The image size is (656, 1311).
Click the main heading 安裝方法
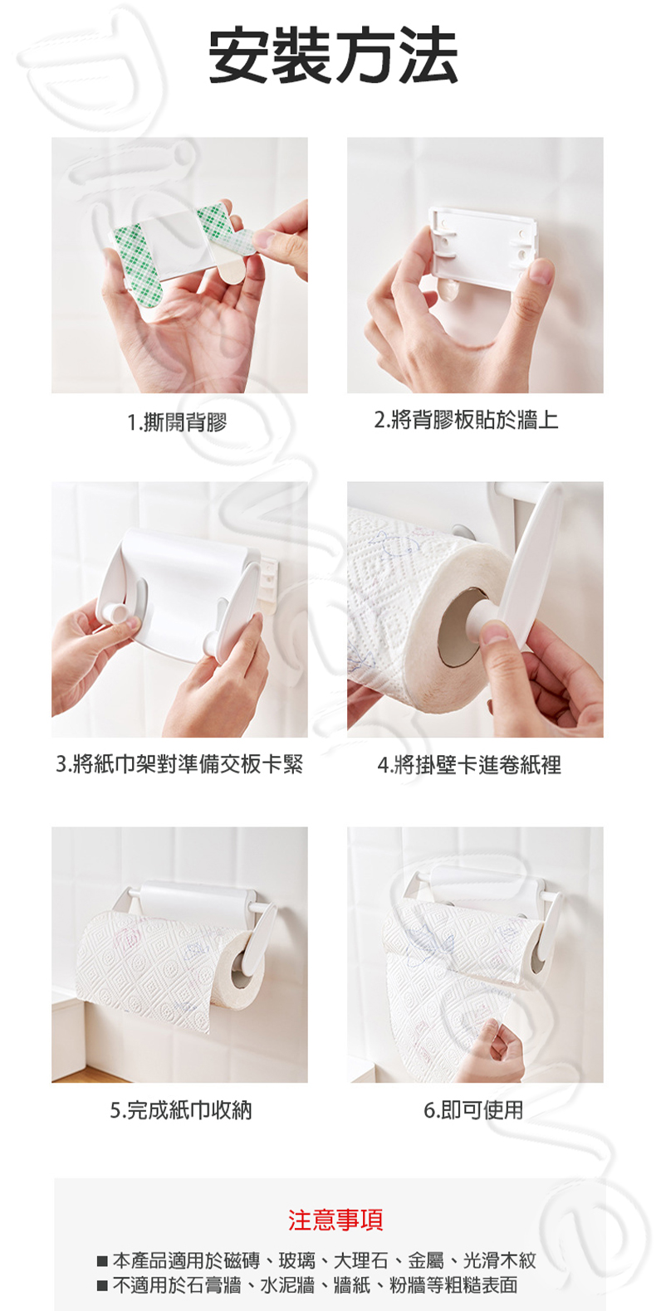(x=333, y=56)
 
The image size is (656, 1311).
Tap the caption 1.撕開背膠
(x=177, y=422)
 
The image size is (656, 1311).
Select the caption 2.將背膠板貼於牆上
(x=466, y=420)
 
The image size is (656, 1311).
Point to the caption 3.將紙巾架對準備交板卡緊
(x=179, y=763)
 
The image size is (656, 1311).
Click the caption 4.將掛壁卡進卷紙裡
(x=469, y=764)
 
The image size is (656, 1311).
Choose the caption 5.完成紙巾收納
(x=181, y=1109)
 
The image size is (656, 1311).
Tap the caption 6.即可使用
(x=473, y=1109)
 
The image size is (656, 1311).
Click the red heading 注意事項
(x=335, y=1220)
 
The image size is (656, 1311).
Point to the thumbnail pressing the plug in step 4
(x=496, y=632)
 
